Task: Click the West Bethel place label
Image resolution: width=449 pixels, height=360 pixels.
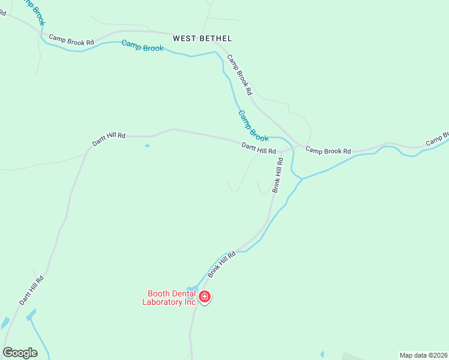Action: pyautogui.click(x=202, y=38)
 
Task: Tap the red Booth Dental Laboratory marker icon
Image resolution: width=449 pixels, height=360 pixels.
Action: pyautogui.click(x=205, y=296)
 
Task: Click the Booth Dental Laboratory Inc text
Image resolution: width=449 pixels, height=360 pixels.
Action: pyautogui.click(x=169, y=298)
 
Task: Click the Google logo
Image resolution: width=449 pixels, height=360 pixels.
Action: pyautogui.click(x=20, y=352)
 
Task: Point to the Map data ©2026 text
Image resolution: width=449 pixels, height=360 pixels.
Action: pyautogui.click(x=423, y=355)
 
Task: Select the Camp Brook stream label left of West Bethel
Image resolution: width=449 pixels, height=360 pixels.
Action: pyautogui.click(x=142, y=46)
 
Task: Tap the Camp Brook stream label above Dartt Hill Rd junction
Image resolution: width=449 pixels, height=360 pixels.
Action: pyautogui.click(x=253, y=126)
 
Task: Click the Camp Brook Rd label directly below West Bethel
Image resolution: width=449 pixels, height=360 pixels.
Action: pyautogui.click(x=239, y=75)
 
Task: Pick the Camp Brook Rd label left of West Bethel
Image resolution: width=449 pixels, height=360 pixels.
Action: pyautogui.click(x=71, y=40)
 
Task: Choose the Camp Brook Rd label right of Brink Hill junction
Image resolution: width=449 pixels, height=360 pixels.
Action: pyautogui.click(x=328, y=151)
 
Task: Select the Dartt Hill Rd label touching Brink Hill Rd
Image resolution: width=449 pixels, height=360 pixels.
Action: pyautogui.click(x=259, y=148)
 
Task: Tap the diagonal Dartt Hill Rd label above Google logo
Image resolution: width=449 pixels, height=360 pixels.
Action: pyautogui.click(x=31, y=290)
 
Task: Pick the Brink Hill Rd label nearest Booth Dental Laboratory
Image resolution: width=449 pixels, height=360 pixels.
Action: pyautogui.click(x=222, y=264)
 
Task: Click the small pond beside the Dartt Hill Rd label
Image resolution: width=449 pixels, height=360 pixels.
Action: pyautogui.click(x=147, y=145)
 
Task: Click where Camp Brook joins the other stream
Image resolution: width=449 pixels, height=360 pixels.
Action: pyautogui.click(x=301, y=179)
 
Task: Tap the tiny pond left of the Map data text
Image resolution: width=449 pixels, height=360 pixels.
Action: pyautogui.click(x=322, y=354)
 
